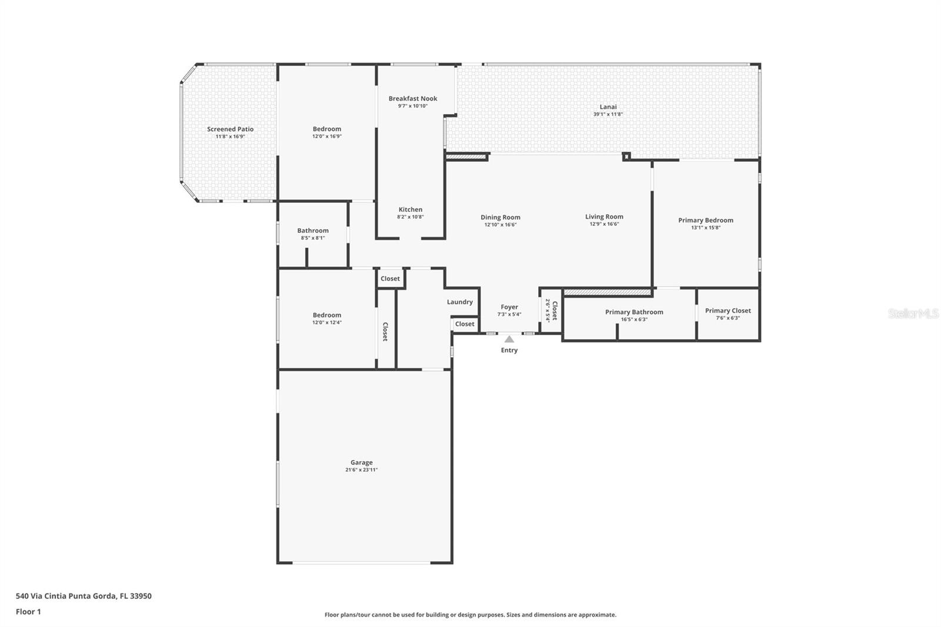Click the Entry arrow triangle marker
click(509, 339)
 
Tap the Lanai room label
click(608, 106)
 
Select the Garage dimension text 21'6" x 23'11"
click(361, 470)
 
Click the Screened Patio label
click(230, 129)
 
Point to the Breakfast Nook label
click(412, 98)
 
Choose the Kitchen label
click(411, 209)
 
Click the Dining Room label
click(500, 217)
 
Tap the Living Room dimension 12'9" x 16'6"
click(604, 224)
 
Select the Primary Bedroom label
click(706, 220)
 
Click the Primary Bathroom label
click(634, 312)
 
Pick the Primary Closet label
click(728, 311)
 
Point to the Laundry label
click(459, 302)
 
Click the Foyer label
click(509, 307)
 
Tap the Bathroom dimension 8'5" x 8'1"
click(312, 238)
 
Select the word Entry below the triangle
click(509, 350)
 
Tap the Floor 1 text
click(28, 612)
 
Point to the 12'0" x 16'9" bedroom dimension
click(327, 136)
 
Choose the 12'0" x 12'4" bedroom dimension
click(327, 322)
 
